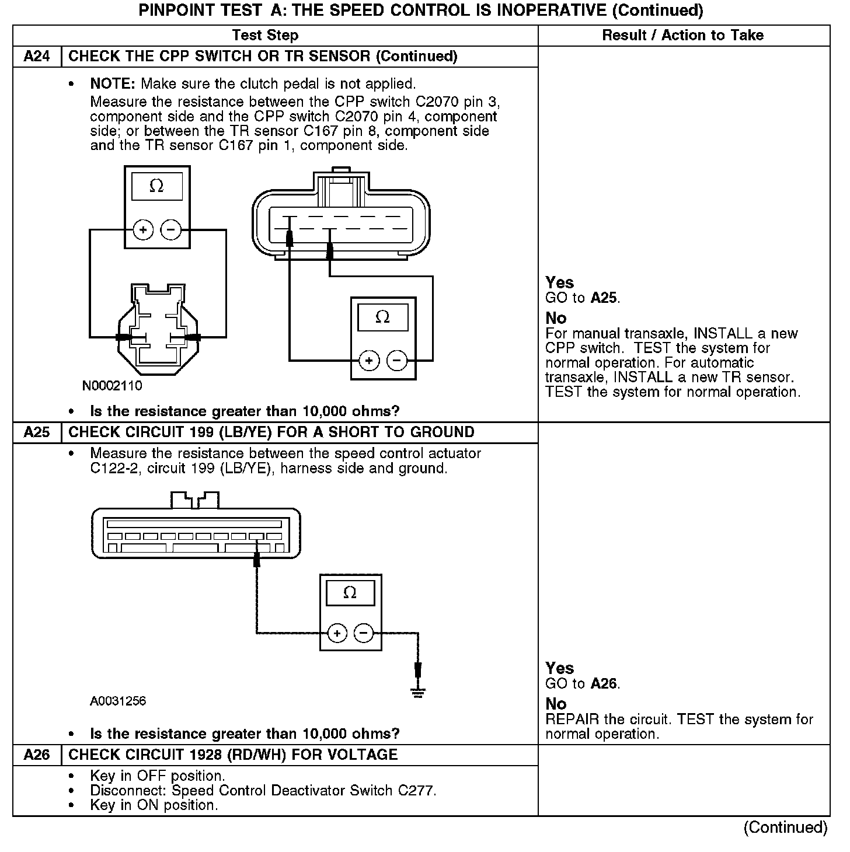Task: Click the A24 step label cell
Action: coord(36,57)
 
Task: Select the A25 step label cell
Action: coord(36,432)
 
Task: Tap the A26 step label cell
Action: coord(36,755)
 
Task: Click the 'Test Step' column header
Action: coord(265,35)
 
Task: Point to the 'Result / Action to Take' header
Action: coord(682,35)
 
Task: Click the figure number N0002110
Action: coord(112,386)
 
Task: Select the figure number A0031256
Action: coord(118,701)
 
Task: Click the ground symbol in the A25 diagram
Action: coord(417,692)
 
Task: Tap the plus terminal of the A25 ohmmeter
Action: coord(337,633)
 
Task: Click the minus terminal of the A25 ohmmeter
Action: coord(363,633)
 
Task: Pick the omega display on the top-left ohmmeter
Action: coord(156,187)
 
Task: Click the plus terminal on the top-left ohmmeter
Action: coord(143,230)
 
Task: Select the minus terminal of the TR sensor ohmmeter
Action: coord(397,361)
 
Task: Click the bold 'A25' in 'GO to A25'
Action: coord(604,298)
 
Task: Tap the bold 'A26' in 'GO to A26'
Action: coord(604,683)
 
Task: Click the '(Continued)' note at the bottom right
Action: coord(785,827)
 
